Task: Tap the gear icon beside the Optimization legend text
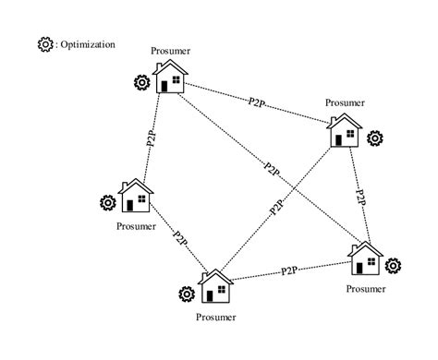pyautogui.click(x=44, y=44)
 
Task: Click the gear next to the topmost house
pyautogui.click(x=141, y=83)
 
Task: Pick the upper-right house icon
pyautogui.click(x=346, y=132)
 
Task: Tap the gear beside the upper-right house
pyautogui.click(x=375, y=138)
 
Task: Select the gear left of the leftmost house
pyautogui.click(x=107, y=203)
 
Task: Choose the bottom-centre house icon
pyautogui.click(x=216, y=287)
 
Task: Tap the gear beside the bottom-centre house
pyautogui.click(x=186, y=294)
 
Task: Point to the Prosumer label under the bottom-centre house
pyautogui.click(x=216, y=318)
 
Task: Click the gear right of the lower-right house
pyautogui.click(x=394, y=266)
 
